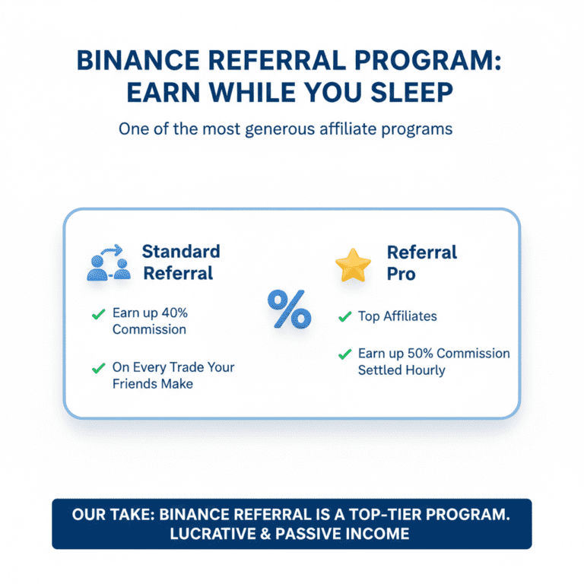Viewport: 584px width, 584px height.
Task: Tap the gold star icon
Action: coord(353,264)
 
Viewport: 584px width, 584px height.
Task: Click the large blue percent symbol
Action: coord(289,309)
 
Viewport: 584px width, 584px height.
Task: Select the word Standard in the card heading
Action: coord(181,252)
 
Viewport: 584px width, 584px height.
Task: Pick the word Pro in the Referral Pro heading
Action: coord(401,274)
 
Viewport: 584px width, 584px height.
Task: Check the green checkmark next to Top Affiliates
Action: coord(344,316)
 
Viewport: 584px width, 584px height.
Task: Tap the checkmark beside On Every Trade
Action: coord(97,368)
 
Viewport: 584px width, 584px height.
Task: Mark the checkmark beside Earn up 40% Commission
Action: coord(97,314)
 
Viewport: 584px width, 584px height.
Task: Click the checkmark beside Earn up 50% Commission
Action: coord(344,354)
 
